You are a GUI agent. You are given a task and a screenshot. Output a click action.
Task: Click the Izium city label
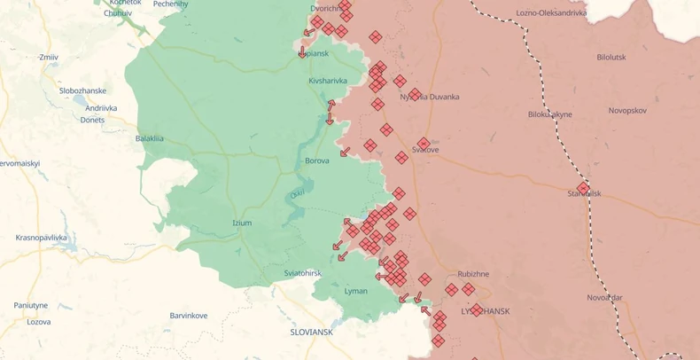click(x=242, y=223)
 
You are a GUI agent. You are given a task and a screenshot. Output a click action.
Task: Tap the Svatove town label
click(x=425, y=150)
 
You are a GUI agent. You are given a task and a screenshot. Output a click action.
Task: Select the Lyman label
click(x=356, y=291)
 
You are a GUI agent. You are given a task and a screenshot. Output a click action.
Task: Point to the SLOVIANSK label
click(x=312, y=332)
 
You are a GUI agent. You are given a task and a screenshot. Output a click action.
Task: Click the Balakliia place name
click(x=150, y=138)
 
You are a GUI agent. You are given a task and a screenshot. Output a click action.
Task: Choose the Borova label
click(x=317, y=160)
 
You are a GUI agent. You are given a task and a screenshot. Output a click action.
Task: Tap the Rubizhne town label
click(x=473, y=274)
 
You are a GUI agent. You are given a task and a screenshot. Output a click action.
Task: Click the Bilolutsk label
click(x=611, y=57)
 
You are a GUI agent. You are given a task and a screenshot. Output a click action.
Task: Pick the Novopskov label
click(x=627, y=110)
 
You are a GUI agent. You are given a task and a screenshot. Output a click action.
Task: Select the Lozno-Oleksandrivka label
click(x=552, y=13)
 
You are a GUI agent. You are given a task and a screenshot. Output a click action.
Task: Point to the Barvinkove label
click(x=189, y=316)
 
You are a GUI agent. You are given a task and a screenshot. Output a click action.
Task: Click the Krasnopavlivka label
click(x=42, y=238)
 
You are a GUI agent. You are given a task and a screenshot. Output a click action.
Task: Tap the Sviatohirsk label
click(x=303, y=273)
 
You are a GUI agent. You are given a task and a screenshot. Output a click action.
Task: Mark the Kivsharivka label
click(x=328, y=81)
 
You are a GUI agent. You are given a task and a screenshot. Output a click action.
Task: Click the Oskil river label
click(x=298, y=194)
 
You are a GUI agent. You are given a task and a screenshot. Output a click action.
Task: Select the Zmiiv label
click(x=48, y=57)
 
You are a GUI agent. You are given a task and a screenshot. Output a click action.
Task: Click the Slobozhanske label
click(x=83, y=90)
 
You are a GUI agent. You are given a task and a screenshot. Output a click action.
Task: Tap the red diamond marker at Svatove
click(x=424, y=143)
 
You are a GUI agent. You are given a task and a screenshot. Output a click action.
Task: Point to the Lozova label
click(x=38, y=322)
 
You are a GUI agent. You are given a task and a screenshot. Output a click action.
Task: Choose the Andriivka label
click(x=101, y=108)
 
